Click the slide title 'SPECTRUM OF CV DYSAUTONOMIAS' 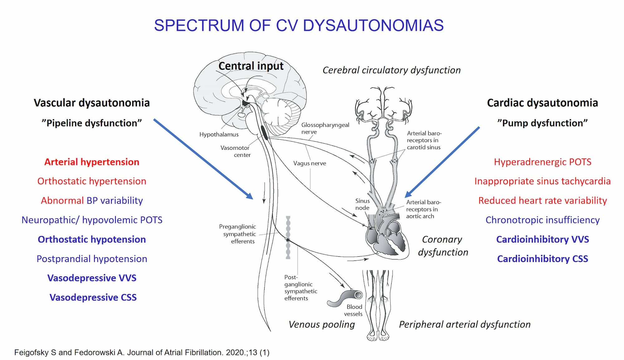point(299,25)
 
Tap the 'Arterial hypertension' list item point(92,162)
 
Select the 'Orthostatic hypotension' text point(92,239)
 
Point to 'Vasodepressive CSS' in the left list point(93,297)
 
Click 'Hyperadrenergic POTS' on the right point(543,162)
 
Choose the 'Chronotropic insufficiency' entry point(543,220)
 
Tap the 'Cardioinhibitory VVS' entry point(543,239)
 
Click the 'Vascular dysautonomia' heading point(92,103)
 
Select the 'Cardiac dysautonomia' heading point(543,103)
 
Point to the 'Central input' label point(251,66)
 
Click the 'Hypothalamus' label point(219,134)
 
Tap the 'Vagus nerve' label point(310,163)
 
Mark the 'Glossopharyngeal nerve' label point(325,128)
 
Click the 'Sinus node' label point(362,204)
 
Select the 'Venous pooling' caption point(322,324)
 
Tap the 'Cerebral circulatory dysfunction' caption point(392,70)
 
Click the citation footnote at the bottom point(142,353)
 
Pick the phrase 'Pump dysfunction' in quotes point(543,123)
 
